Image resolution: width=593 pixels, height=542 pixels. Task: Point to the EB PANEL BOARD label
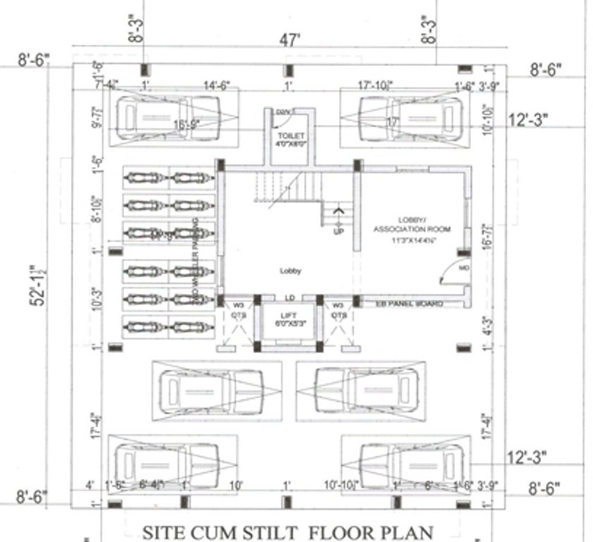(x=409, y=303)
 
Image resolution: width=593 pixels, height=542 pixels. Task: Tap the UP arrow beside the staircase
(x=338, y=219)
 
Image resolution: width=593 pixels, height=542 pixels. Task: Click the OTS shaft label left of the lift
(x=239, y=315)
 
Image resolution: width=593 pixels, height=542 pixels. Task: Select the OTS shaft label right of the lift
(x=339, y=315)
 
